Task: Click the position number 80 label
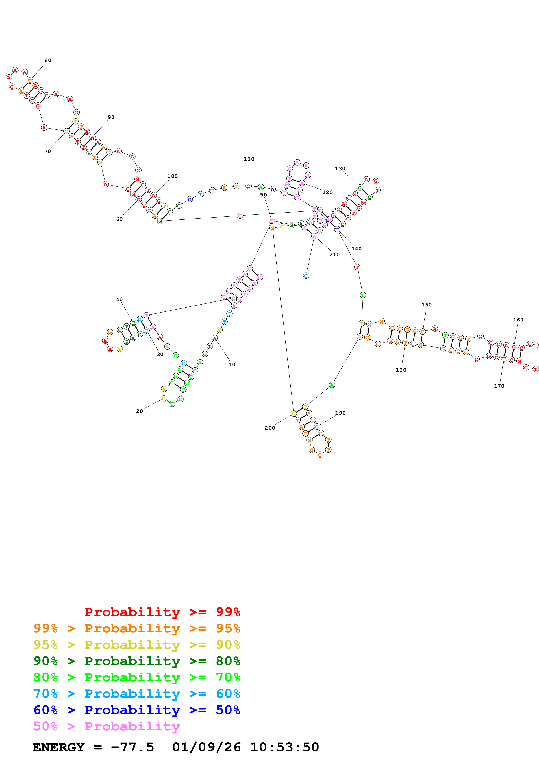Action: click(48, 60)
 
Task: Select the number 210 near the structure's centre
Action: click(334, 254)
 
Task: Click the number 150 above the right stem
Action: click(426, 305)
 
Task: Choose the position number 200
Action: click(270, 428)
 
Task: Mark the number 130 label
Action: click(340, 169)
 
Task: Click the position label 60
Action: click(119, 219)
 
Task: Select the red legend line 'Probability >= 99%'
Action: click(162, 612)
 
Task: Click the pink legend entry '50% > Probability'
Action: click(107, 726)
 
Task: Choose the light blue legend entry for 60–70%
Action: click(137, 694)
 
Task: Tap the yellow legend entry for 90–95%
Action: click(137, 645)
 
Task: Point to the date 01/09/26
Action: click(206, 747)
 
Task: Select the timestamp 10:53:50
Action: click(284, 747)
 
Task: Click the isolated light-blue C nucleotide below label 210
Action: click(306, 276)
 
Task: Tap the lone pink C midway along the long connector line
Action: click(240, 216)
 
